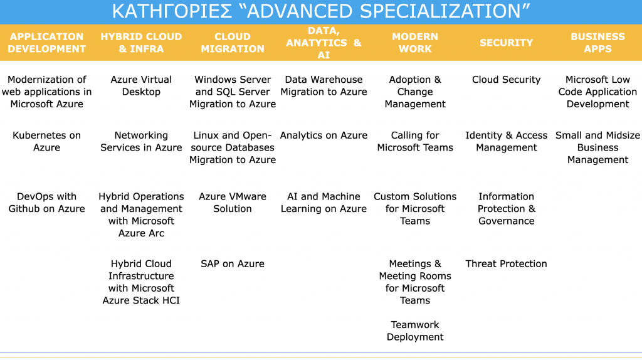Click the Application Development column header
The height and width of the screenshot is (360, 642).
(x=46, y=43)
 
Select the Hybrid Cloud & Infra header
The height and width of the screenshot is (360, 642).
(x=141, y=43)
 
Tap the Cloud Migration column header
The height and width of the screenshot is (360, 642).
(x=233, y=43)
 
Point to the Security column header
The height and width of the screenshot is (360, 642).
(x=507, y=43)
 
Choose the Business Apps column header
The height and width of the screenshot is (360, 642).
(x=597, y=43)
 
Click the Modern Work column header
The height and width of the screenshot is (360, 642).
(x=415, y=43)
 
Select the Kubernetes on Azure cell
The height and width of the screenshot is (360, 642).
(x=46, y=141)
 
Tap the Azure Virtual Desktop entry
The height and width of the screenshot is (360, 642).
(x=141, y=85)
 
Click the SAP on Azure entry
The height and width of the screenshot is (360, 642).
(x=233, y=264)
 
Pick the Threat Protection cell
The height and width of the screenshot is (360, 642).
(x=506, y=264)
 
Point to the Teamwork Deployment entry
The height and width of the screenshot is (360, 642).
(x=415, y=331)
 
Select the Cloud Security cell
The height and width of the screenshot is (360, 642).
(x=507, y=80)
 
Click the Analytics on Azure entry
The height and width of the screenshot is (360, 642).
(x=324, y=135)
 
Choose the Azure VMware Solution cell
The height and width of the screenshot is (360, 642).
(x=233, y=203)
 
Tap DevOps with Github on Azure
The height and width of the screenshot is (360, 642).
(x=46, y=203)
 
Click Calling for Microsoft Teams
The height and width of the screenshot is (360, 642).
(x=415, y=141)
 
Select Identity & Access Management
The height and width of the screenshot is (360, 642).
(x=507, y=141)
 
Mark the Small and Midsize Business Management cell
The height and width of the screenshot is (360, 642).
(x=597, y=147)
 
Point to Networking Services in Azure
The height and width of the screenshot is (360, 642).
(x=141, y=141)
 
